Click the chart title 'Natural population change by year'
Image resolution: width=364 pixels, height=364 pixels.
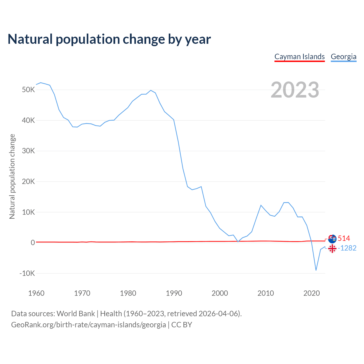[x=109, y=39]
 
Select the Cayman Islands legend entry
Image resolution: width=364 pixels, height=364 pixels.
[x=299, y=57]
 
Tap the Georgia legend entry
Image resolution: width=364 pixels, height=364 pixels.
[x=344, y=57]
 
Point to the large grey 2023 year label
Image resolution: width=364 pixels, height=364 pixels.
[x=295, y=90]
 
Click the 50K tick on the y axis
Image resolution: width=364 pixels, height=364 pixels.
[x=28, y=90]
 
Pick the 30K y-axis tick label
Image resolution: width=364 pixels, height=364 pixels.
[x=28, y=151]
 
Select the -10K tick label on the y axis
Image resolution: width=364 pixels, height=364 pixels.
[x=27, y=273]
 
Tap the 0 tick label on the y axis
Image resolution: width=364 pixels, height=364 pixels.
[x=33, y=243]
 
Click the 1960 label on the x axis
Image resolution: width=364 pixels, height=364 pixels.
[x=36, y=293]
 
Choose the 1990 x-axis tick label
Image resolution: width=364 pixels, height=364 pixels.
[x=174, y=293]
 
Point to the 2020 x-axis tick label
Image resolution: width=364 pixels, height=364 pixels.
[x=312, y=293]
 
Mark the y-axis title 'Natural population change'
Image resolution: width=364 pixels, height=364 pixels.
[x=12, y=177]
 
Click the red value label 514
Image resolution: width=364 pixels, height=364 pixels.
[x=344, y=238]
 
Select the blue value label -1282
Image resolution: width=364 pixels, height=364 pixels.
[x=347, y=248]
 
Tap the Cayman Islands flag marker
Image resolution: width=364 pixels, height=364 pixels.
[x=332, y=239]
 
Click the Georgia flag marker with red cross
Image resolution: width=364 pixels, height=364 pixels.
[x=332, y=249]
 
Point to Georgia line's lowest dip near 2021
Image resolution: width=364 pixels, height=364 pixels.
[x=316, y=270]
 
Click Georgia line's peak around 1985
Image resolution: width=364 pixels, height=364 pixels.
[x=151, y=90]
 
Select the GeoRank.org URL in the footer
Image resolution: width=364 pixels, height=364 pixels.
[x=88, y=325]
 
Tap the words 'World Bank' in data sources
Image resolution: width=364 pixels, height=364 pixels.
[x=76, y=314]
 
